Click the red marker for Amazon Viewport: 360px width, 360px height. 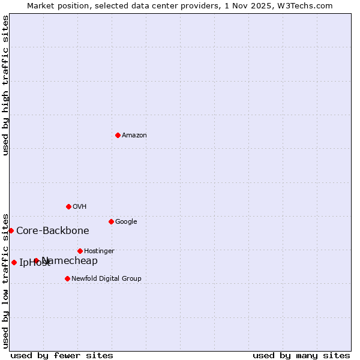click(118, 135)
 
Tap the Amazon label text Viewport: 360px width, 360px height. click(134, 136)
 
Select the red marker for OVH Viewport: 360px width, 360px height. click(68, 206)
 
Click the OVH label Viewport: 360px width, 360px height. click(80, 207)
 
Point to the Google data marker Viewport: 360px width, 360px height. click(111, 221)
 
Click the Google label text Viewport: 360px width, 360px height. click(126, 222)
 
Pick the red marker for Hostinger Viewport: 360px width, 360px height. click(80, 251)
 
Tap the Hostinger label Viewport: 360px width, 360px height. click(99, 251)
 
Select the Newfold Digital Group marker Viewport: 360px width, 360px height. click(67, 278)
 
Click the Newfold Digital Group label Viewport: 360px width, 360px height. click(106, 279)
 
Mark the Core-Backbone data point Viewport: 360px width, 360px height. click(11, 230)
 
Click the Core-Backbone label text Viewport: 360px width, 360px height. click(53, 231)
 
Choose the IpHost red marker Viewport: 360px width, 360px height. click(14, 262)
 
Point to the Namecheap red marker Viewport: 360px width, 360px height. click(37, 260)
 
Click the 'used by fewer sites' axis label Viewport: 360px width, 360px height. click(62, 356)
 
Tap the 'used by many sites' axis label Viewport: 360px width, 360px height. click(301, 356)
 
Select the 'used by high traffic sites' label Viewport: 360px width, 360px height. click(5, 85)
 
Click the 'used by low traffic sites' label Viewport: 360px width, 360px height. click(5, 281)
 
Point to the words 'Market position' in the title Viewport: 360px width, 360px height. click(53, 5)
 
